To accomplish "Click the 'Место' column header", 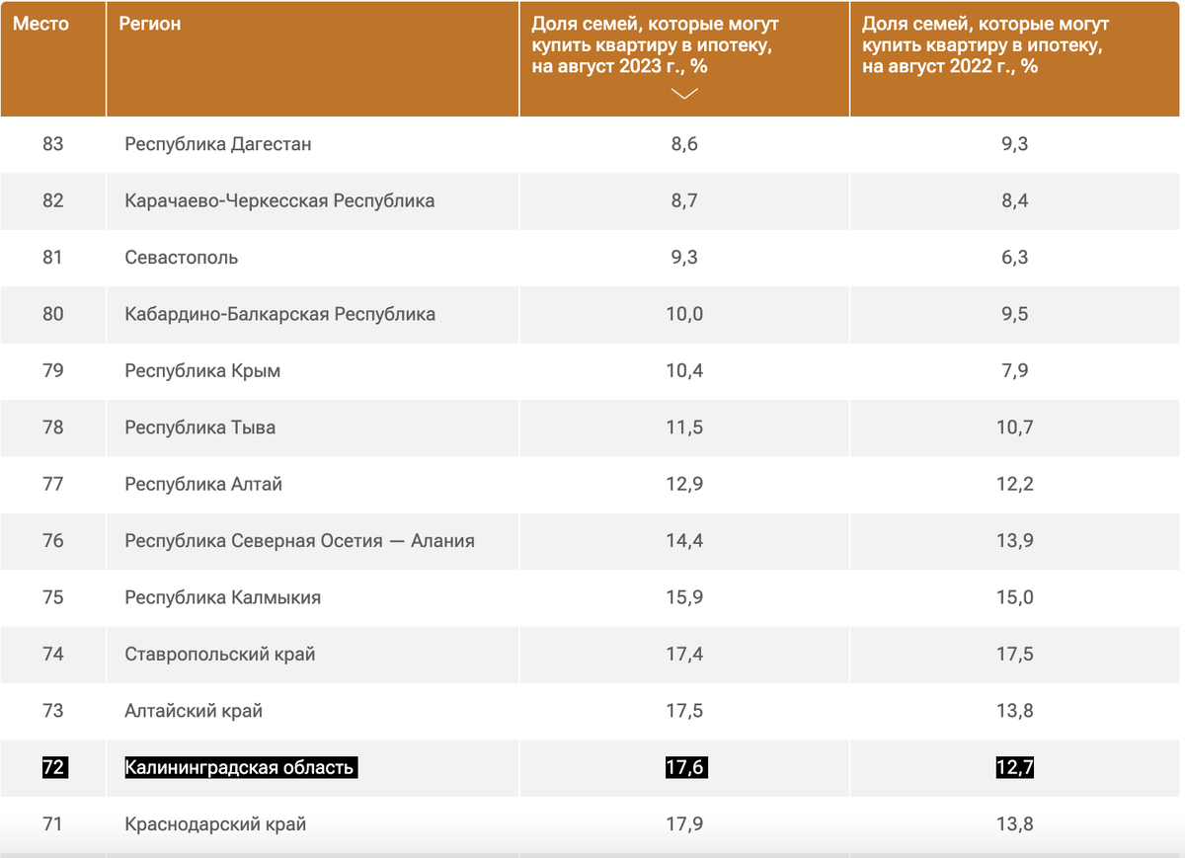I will [x=41, y=24].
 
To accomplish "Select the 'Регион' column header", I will [x=150, y=24].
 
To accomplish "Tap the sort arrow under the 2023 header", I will [x=683, y=93].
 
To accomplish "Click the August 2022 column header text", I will [x=983, y=45].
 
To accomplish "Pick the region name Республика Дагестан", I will [x=218, y=144].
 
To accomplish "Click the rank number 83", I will [x=53, y=144].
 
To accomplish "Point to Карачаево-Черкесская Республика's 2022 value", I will [x=1014, y=200].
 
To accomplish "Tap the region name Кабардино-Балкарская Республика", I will [x=280, y=314].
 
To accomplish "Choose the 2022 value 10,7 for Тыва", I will [x=1014, y=428].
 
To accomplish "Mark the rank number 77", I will [x=53, y=485].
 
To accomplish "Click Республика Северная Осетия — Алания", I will [x=300, y=541].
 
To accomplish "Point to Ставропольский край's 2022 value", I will [x=1014, y=655].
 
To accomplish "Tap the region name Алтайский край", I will [x=194, y=711].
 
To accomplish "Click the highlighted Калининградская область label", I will [x=240, y=767].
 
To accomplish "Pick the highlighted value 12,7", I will [x=1014, y=767].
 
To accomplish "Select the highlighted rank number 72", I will [x=53, y=767].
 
